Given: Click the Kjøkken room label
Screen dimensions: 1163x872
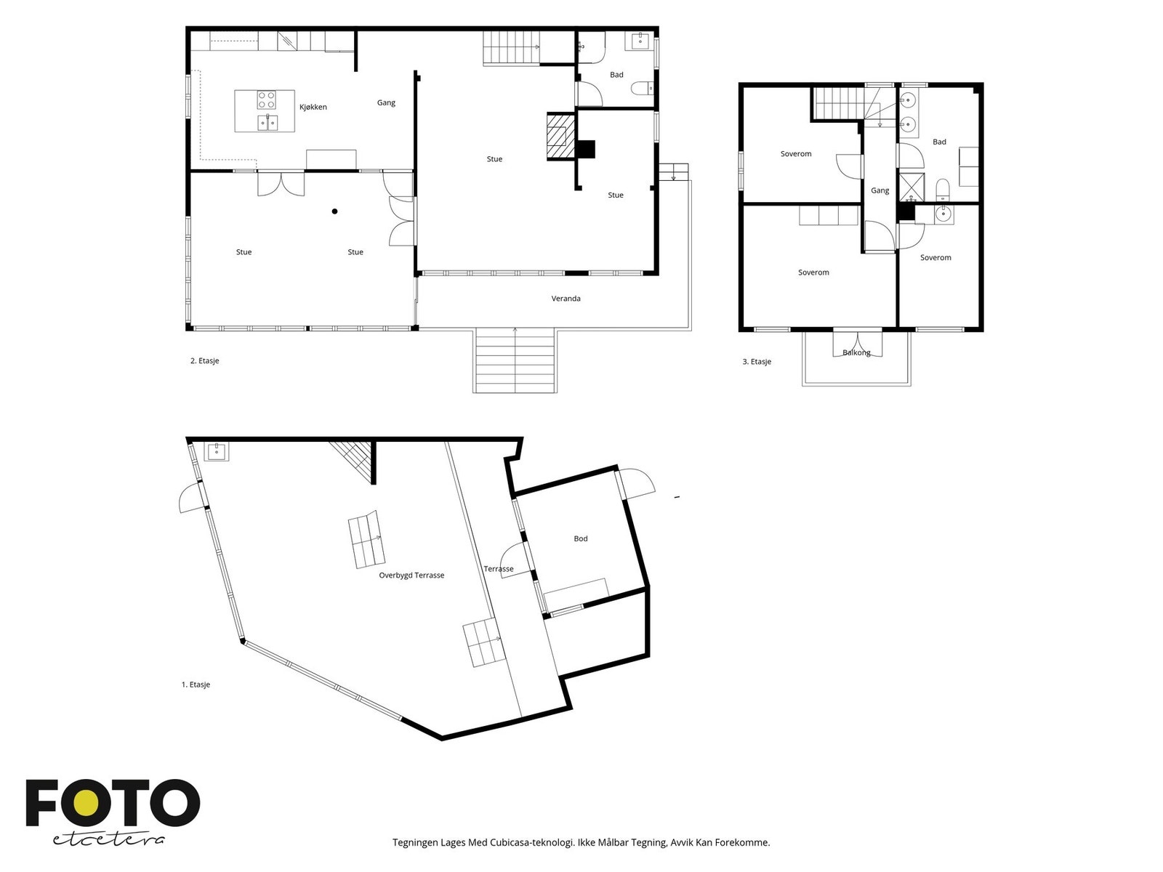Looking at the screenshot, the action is click(x=313, y=107).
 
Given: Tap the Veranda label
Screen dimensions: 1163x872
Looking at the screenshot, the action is click(x=566, y=299).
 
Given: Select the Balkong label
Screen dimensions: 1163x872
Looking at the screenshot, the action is click(x=856, y=352).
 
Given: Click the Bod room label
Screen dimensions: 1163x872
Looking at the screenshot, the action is click(x=580, y=538).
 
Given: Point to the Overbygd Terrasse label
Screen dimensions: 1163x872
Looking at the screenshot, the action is click(x=411, y=576).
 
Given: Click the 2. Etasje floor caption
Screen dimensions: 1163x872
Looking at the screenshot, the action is click(x=204, y=360).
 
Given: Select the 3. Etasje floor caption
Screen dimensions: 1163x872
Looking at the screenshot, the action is click(x=756, y=362).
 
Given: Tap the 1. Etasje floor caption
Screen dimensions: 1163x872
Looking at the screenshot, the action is click(x=196, y=685).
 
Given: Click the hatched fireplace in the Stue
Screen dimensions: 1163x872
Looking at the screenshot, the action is click(x=560, y=136).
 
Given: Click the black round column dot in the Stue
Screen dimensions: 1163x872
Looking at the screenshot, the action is click(x=334, y=211).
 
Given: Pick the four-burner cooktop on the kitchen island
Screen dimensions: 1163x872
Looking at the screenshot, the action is click(x=266, y=100).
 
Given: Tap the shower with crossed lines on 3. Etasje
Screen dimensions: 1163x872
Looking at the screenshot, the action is click(x=912, y=187).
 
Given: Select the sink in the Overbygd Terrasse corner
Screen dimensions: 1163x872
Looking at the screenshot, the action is click(x=217, y=451).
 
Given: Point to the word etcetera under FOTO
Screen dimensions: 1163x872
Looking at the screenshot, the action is click(x=108, y=840).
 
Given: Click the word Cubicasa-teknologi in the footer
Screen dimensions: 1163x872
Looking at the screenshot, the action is click(x=532, y=842).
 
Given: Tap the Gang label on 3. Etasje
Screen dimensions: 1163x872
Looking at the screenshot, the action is click(x=880, y=190).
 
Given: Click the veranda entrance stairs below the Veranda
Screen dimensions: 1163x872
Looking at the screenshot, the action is click(x=514, y=360).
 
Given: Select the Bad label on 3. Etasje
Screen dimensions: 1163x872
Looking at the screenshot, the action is click(x=939, y=142).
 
